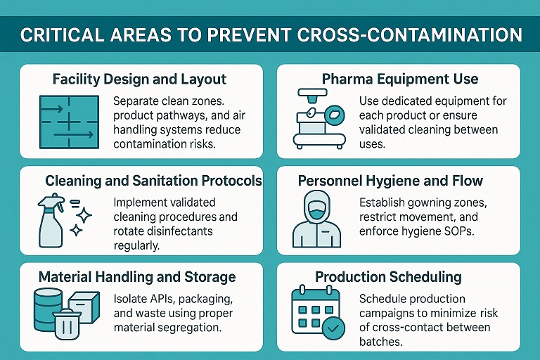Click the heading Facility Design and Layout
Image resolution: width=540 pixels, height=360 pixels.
[140, 79]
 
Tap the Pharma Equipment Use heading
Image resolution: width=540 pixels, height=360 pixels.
[400, 79]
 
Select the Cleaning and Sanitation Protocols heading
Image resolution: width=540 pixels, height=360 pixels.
[153, 181]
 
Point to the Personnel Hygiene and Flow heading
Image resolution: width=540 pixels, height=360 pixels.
[390, 181]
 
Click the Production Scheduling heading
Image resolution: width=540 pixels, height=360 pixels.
[388, 277]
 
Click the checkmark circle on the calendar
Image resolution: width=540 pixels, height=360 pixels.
[335, 327]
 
